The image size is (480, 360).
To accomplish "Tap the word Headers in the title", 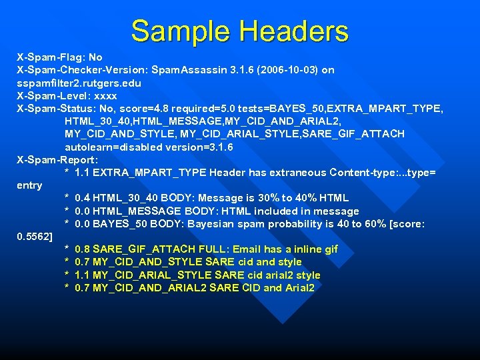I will (293, 31).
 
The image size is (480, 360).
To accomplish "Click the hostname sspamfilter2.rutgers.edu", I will (79, 83).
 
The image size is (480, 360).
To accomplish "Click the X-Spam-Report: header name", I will (57, 160).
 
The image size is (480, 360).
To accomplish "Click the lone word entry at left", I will (29, 185).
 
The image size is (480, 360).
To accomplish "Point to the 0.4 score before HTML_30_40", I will (83, 198).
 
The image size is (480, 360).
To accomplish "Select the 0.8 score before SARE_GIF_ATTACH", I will (83, 249).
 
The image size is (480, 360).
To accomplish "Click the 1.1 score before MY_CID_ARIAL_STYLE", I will (83, 275).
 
